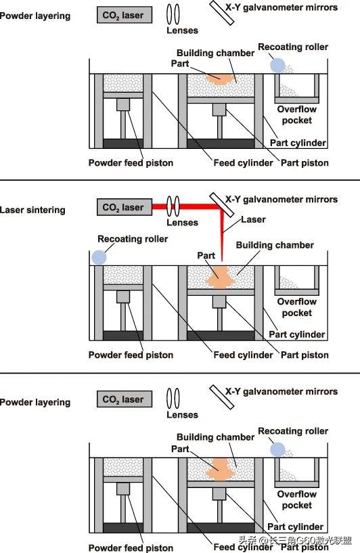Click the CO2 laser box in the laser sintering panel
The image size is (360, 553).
(125, 208)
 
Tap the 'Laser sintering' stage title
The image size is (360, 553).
(32, 210)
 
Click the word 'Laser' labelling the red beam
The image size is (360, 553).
(254, 219)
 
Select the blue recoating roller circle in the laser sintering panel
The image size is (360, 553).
(99, 257)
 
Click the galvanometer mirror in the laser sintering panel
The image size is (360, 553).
(221, 201)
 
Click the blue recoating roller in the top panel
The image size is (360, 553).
(277, 65)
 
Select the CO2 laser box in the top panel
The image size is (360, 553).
(125, 15)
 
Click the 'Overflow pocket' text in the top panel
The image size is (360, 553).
(296, 114)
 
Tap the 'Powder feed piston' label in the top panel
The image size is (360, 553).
(131, 162)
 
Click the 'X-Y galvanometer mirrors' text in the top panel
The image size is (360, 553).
(281, 7)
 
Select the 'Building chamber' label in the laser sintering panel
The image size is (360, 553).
(275, 245)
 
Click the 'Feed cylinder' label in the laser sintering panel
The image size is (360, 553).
(243, 355)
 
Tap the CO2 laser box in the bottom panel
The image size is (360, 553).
(125, 400)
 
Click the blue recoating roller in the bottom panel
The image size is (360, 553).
(277, 449)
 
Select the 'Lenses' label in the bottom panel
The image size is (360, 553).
(182, 414)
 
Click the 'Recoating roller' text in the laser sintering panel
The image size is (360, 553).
(133, 239)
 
